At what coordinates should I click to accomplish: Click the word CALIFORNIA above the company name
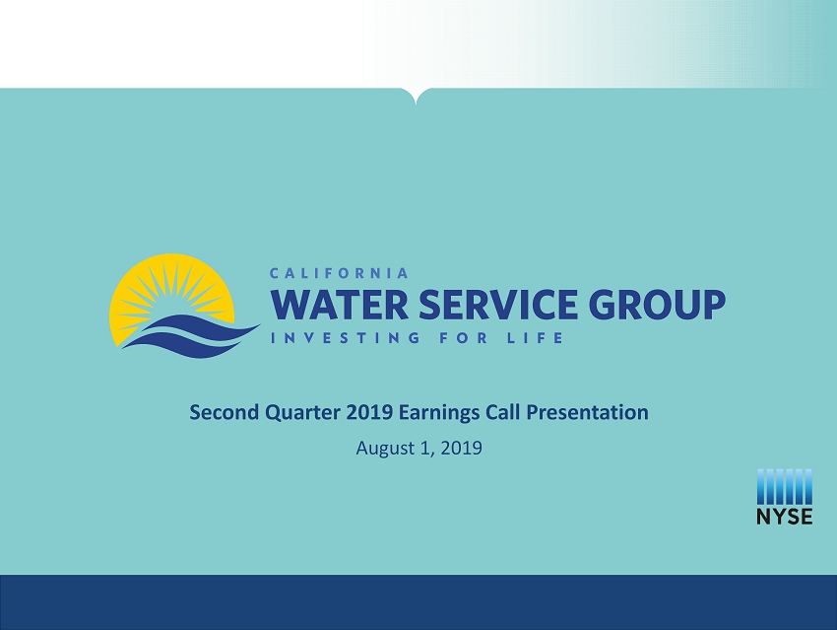coord(339,273)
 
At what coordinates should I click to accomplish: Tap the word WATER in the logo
coord(340,305)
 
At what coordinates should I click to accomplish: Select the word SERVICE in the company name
coord(498,305)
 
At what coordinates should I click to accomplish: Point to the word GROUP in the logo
coord(657,305)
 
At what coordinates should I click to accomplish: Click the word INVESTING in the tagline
coord(346,338)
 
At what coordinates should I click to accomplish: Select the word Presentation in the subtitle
coord(587,412)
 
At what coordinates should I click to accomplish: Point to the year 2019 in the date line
coord(462,448)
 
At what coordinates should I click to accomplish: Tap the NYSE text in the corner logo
coord(784,517)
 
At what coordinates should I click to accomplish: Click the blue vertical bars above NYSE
coord(784,487)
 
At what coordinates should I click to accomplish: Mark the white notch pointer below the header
coord(416,98)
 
